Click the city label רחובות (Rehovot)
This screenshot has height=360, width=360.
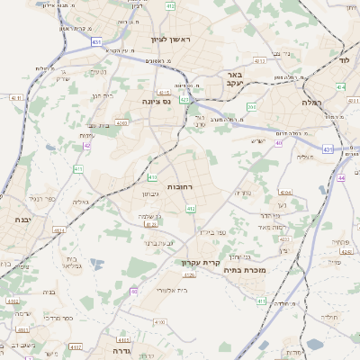pos(156,185)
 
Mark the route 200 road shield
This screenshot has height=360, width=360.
pos(253,107)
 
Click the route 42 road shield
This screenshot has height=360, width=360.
pos(86,145)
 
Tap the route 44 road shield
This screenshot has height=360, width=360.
pos(342,178)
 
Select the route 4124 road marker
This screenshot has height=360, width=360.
pos(59,230)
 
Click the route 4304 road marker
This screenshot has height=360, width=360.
pos(285,192)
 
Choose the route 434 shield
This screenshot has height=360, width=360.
pos(340,86)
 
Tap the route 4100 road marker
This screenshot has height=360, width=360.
pos(159,321)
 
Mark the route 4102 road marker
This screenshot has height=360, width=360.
pos(75,346)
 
